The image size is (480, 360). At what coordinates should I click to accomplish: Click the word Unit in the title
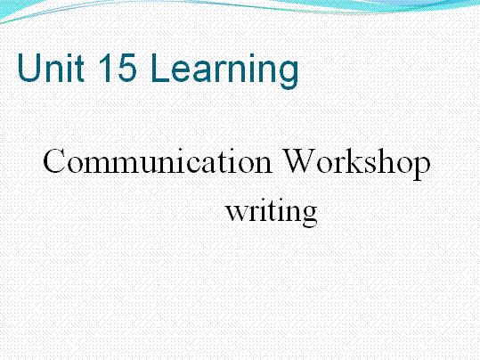point(51,68)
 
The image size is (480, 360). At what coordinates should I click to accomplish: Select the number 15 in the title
point(118,68)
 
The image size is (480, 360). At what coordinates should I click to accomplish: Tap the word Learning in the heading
point(224,71)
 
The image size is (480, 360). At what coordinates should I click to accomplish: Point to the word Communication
point(158,161)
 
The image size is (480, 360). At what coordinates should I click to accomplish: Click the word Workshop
point(356,165)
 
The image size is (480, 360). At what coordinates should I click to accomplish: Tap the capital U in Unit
point(29,68)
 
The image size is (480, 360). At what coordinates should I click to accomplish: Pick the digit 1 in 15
point(106,68)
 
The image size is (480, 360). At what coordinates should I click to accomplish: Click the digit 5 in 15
point(126,68)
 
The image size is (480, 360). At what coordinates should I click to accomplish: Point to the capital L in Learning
point(160,68)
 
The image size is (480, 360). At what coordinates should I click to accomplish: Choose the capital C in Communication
point(54,161)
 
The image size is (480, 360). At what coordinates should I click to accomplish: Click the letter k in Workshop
point(362,161)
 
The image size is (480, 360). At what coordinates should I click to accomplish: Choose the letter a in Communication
point(207,166)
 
